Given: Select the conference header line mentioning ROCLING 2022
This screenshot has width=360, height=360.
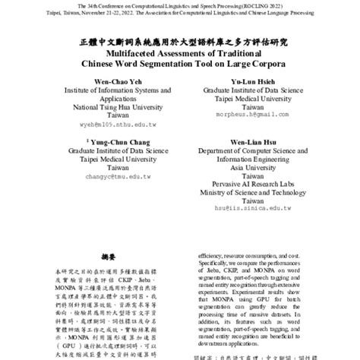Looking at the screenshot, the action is (179, 6).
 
